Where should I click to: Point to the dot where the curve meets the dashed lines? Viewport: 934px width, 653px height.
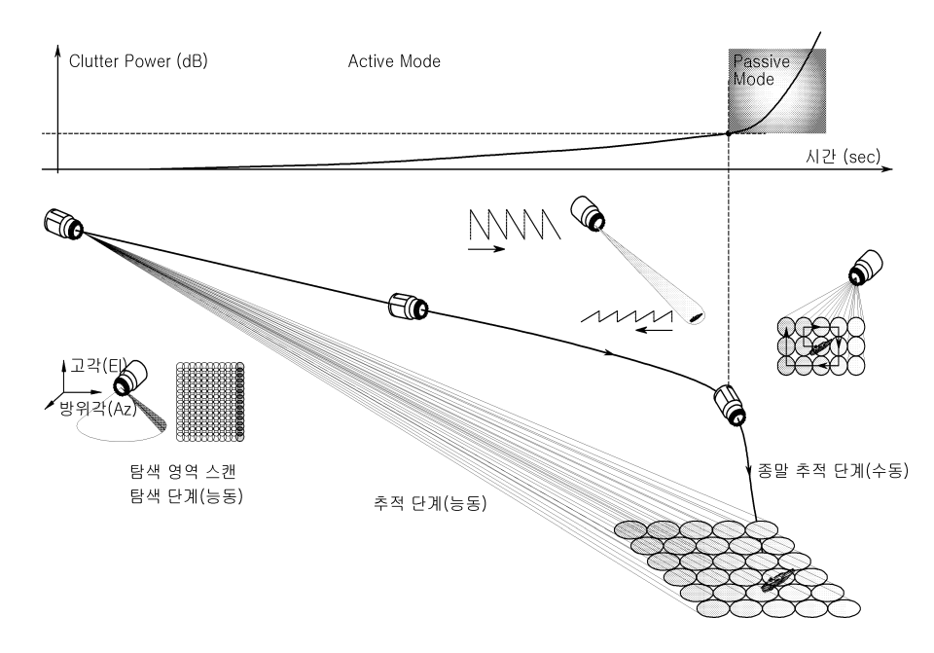pyautogui.click(x=730, y=133)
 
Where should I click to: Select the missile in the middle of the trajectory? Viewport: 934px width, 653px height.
pyautogui.click(x=409, y=307)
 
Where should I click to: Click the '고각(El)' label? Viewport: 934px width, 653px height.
pyautogui.click(x=90, y=366)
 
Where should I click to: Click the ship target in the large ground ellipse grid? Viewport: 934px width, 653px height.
pyautogui.click(x=778, y=581)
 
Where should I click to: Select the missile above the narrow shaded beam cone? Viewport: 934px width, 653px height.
pyautogui.click(x=587, y=214)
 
